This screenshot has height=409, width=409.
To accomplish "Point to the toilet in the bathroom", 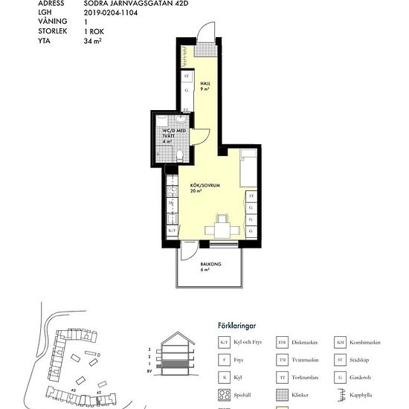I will pos(180,154).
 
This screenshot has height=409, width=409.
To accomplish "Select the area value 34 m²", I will pos(93,42).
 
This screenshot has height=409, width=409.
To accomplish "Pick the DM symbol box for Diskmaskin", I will pos(282,343).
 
